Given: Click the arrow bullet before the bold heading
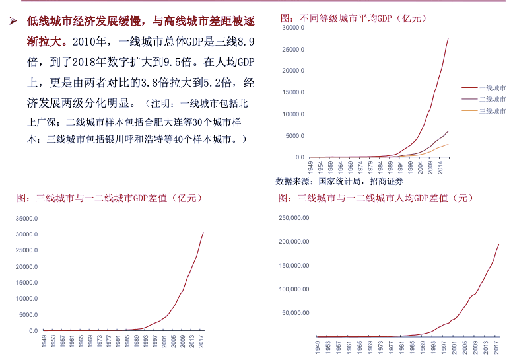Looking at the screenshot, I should (12, 21).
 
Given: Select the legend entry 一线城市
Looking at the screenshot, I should (491, 87).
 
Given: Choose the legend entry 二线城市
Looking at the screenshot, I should (491, 99).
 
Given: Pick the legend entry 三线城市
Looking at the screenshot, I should (491, 111).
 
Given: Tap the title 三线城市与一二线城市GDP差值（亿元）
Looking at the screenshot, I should (110, 198).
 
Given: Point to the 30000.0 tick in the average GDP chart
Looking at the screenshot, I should (292, 28).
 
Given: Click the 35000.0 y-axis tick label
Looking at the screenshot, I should (27, 219).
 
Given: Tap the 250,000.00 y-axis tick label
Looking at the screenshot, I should (294, 218).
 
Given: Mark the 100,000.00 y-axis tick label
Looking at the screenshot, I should (294, 289).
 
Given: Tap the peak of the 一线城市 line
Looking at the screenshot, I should (448, 38).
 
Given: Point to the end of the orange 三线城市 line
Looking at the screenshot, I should (448, 144).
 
